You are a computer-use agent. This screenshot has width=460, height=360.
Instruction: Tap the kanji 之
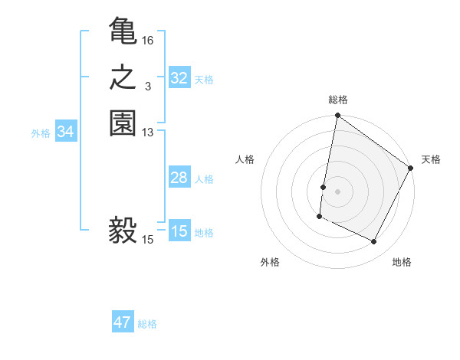point(123,78)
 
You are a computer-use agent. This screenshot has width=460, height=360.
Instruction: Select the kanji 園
point(123,124)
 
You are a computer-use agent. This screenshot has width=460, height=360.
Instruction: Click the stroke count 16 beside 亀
point(148,40)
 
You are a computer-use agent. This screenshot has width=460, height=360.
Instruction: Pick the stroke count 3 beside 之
point(148,87)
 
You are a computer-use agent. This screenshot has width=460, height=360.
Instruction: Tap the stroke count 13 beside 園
point(148,133)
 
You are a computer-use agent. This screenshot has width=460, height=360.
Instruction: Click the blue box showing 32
point(179,78)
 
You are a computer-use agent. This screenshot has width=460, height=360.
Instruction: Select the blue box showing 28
point(179,178)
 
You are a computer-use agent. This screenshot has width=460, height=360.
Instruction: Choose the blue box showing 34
point(66,132)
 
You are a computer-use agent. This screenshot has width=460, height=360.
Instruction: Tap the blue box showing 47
point(123,322)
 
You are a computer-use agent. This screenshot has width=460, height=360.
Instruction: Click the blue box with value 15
point(179,231)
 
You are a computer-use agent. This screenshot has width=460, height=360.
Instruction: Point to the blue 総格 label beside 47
point(148,324)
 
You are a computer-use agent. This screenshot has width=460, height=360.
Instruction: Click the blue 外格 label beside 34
point(41,133)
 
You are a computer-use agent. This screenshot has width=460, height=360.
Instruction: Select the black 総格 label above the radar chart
point(338,100)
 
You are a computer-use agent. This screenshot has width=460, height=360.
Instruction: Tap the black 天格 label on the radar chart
point(431,159)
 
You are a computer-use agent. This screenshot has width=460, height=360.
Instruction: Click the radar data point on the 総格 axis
point(337,116)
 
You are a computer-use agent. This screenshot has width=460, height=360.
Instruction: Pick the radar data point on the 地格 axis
point(374,242)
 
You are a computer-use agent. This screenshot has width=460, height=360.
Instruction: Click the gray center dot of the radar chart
point(338,191)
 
